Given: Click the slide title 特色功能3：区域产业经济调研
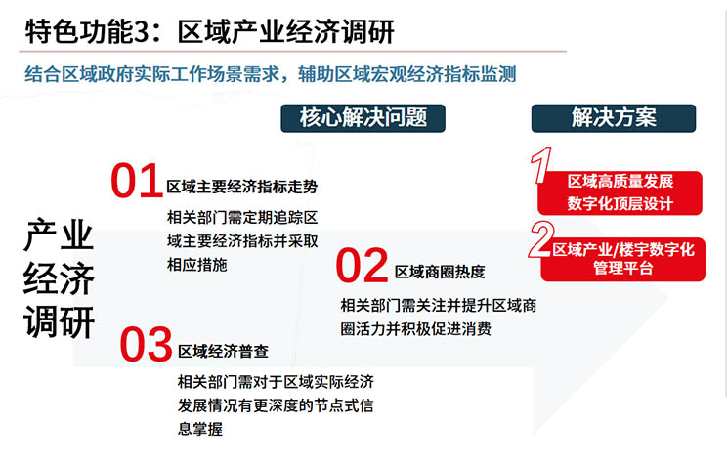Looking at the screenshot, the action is click(x=209, y=31).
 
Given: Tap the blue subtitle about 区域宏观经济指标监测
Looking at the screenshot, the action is click(x=271, y=74).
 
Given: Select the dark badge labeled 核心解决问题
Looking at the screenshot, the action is click(x=363, y=118).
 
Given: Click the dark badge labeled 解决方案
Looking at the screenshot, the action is click(x=614, y=118).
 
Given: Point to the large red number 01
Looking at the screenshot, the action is click(x=137, y=181).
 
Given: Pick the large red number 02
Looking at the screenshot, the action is click(x=363, y=265).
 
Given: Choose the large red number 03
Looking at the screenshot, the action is click(x=146, y=344).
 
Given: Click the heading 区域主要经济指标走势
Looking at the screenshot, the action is click(x=242, y=187).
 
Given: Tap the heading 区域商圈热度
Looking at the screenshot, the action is click(x=440, y=272).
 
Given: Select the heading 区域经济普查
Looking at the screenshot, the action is click(x=223, y=351).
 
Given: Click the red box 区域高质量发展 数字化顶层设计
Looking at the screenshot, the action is click(x=620, y=192).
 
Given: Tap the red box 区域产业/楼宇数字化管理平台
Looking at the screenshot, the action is click(x=623, y=259).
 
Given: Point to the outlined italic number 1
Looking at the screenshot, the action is click(x=541, y=165).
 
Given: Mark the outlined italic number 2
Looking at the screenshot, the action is click(x=541, y=239).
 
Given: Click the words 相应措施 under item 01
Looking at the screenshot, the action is click(x=197, y=265).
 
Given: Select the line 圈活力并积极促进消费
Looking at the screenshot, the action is click(x=416, y=329).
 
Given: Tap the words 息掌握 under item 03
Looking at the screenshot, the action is click(x=200, y=429).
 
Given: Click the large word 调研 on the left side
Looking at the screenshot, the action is click(x=59, y=321).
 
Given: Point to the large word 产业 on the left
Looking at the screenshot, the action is click(x=59, y=234).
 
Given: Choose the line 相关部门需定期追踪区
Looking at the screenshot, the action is click(x=242, y=217).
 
